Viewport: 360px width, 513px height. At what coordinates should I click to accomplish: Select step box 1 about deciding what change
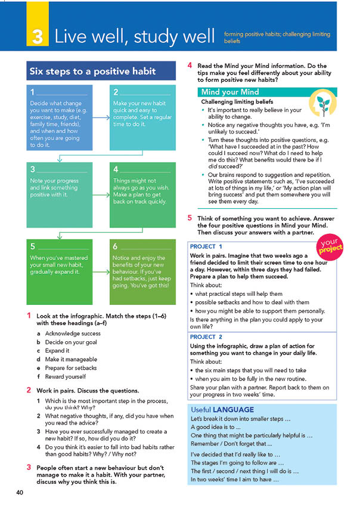coord(59,118)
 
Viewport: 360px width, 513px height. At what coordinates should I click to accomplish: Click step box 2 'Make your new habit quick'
coord(142,118)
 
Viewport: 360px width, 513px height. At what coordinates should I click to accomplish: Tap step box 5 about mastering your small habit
coord(59,272)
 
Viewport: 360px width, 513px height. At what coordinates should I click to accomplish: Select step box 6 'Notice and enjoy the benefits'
coord(142,272)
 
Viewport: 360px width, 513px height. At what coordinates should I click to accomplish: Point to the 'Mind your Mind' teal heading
coord(230,92)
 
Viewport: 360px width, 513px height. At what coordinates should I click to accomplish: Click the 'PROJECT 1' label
coord(206,246)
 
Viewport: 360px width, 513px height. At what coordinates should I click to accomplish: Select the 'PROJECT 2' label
coord(206,337)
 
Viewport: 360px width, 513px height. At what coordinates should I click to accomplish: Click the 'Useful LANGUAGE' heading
coord(222,410)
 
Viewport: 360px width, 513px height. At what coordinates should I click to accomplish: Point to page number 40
coord(20,492)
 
